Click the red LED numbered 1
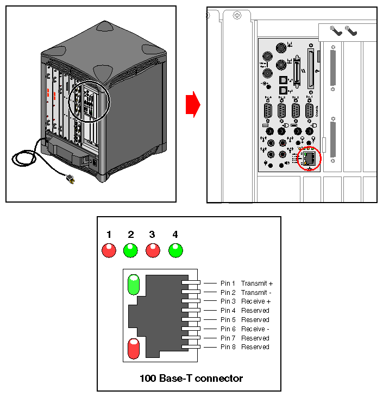[109, 250]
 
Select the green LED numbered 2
[130, 250]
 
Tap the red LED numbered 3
[152, 250]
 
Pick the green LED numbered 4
[175, 250]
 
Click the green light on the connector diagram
[133, 285]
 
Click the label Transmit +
[257, 283]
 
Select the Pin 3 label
[228, 301]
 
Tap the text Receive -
[255, 329]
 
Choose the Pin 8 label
[228, 347]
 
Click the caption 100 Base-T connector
[191, 378]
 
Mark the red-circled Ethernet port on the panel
[310, 159]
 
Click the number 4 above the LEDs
[175, 235]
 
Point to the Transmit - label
[256, 293]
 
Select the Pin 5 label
[228, 320]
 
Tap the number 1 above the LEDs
[109, 235]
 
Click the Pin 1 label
[228, 283]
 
